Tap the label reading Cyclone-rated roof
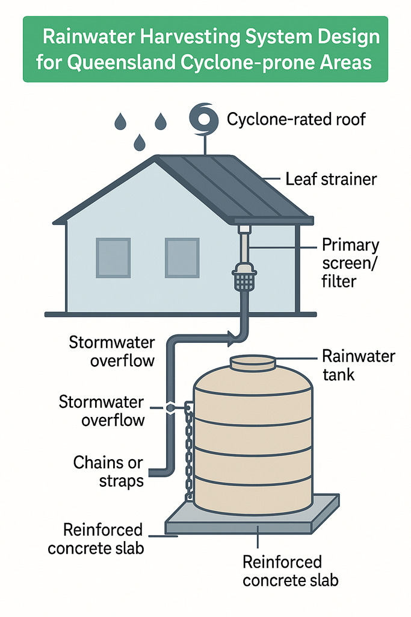[x=296, y=119]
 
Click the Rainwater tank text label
[x=358, y=365]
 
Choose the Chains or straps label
[x=108, y=472]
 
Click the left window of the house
[x=113, y=258]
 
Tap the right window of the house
[x=182, y=258]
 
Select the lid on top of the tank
[x=253, y=363]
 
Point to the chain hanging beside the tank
[x=189, y=452]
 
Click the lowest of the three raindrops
[x=140, y=143]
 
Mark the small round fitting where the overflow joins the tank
[x=171, y=408]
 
